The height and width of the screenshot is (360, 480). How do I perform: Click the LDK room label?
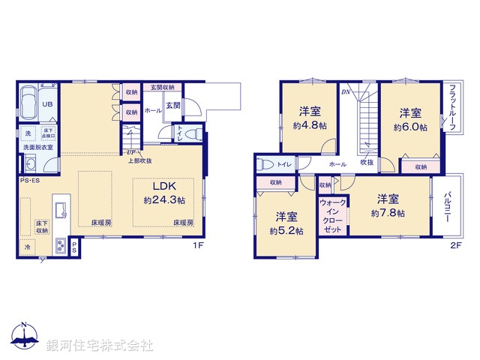coord(164,187)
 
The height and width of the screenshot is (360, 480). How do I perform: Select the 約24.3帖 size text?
coord(164,200)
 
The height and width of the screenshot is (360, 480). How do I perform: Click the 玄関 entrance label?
coord(173,106)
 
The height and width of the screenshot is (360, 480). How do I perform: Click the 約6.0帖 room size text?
coord(410,127)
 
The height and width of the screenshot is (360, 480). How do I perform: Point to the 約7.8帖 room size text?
coord(388,213)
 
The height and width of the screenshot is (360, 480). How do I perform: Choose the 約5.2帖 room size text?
coord(286,230)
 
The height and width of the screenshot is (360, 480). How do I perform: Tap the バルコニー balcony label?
coord(447,204)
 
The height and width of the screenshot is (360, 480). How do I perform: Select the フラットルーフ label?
coord(453,106)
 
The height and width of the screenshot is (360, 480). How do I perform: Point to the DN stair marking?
coord(346,92)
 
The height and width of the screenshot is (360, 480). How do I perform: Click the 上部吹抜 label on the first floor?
coord(139,160)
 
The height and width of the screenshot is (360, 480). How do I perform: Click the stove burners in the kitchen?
coord(60,246)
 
